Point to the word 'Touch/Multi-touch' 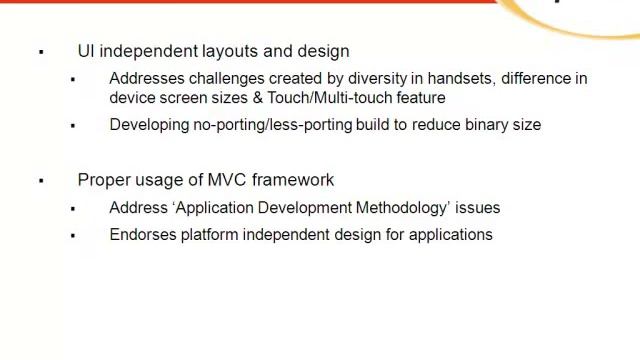[329, 98]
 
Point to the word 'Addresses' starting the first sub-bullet [145, 78]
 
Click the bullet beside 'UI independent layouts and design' [41, 52]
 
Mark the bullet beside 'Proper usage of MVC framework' [41, 181]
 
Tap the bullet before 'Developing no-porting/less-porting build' [73, 126]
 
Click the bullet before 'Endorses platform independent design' [73, 235]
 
